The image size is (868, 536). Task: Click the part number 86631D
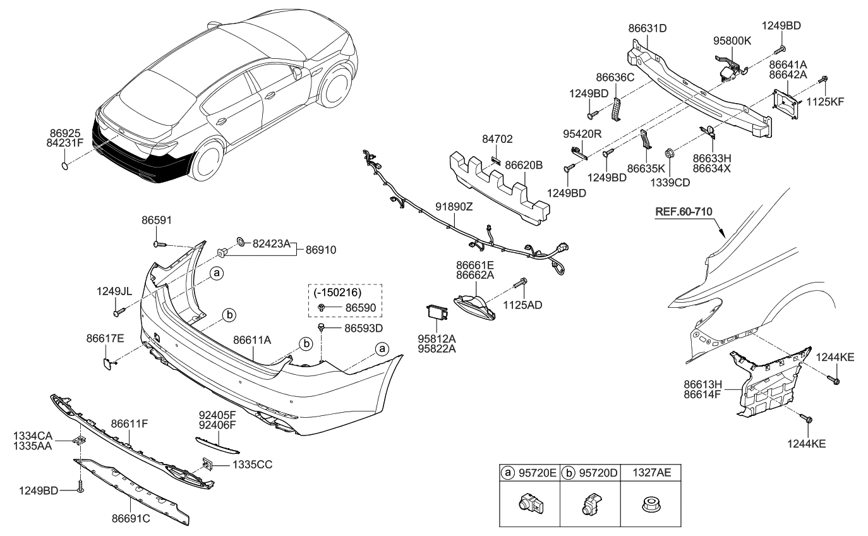pos(648,28)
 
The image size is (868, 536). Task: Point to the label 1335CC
pos(251,465)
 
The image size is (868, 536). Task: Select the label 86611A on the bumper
pos(253,340)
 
